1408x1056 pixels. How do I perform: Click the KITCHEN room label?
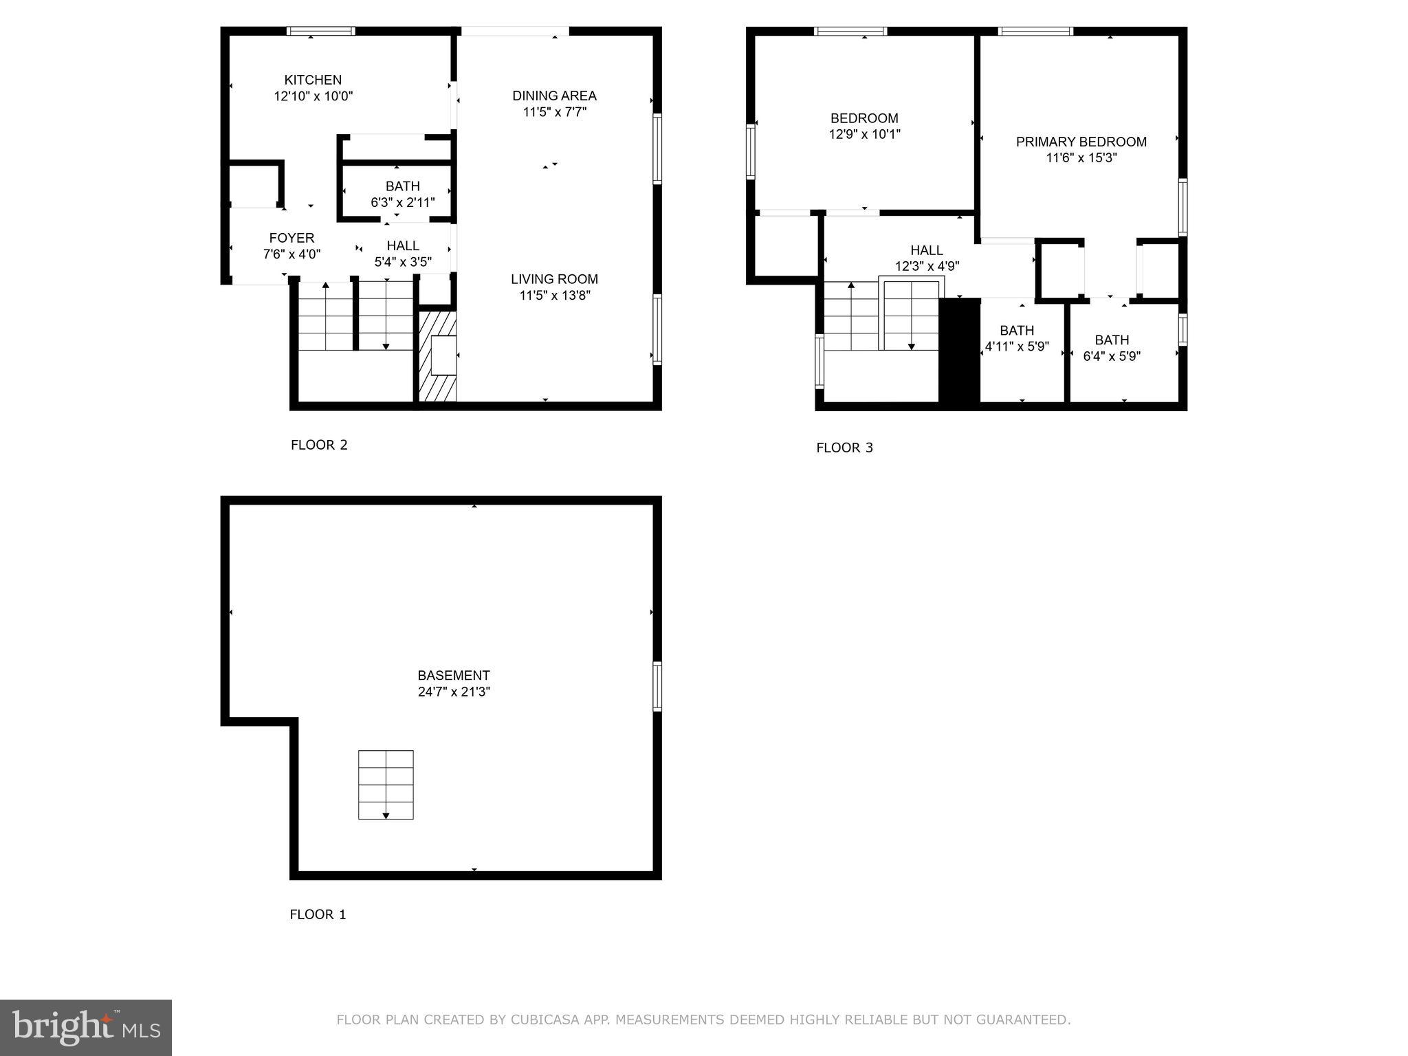click(313, 80)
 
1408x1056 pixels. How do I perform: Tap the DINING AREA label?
click(554, 96)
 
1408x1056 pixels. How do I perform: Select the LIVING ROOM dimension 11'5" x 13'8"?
click(554, 296)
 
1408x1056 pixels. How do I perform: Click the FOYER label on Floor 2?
click(291, 238)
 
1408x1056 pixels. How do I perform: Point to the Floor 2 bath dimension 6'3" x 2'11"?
click(402, 202)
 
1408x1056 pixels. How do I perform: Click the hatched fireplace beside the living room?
click(438, 356)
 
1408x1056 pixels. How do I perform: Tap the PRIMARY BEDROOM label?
click(1081, 142)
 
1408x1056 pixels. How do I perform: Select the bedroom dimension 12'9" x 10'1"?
click(864, 134)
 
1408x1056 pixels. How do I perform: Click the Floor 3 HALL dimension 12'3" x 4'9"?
click(927, 266)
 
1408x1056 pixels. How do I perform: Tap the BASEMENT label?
click(453, 675)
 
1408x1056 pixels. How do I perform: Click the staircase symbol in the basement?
click(386, 784)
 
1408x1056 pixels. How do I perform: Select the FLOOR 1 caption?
click(318, 914)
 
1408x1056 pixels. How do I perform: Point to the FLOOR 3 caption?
click(844, 448)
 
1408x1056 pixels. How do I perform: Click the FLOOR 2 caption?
click(319, 445)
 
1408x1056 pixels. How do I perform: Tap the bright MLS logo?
click(86, 1027)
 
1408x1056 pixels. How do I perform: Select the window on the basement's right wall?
click(657, 686)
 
